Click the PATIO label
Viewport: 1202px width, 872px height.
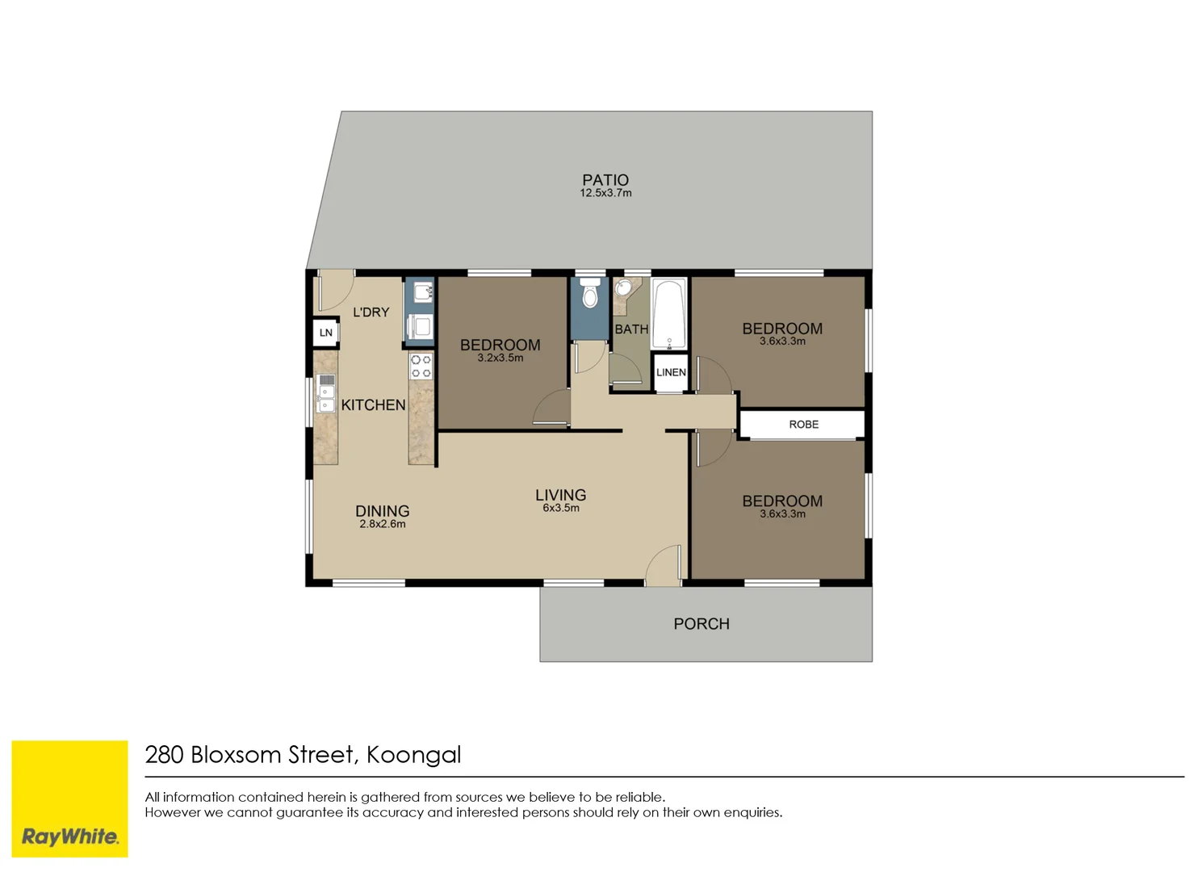pos(605,180)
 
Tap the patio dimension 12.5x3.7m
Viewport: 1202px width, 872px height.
pos(605,194)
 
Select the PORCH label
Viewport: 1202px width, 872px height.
pos(702,624)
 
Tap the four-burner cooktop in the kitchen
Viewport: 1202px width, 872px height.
pos(421,367)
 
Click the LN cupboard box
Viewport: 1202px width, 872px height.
pos(326,333)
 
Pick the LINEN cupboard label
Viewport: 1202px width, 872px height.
pos(671,372)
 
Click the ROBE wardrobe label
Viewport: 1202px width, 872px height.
pos(803,425)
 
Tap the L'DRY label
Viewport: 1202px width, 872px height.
pos(371,312)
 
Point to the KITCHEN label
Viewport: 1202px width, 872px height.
pos(373,405)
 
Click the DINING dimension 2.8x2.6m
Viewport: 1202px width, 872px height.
pos(383,525)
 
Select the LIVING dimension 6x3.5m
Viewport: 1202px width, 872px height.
pos(561,509)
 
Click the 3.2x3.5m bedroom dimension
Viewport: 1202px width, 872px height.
pos(500,358)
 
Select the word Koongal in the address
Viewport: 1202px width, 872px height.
pos(414,755)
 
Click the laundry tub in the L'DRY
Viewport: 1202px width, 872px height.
pos(422,291)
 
